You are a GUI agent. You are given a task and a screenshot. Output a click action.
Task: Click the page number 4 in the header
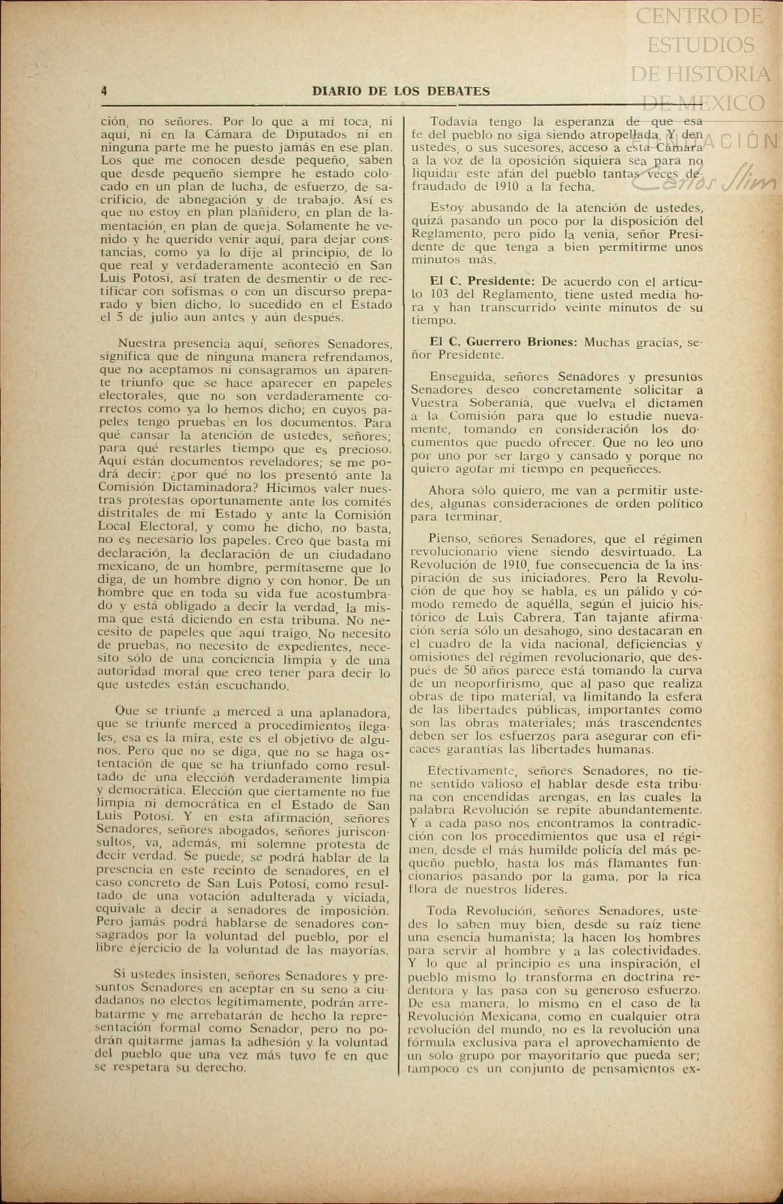point(104,91)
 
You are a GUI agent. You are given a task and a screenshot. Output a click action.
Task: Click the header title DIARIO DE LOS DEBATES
point(401,91)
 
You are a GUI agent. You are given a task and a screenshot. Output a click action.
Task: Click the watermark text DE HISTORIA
point(700,74)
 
